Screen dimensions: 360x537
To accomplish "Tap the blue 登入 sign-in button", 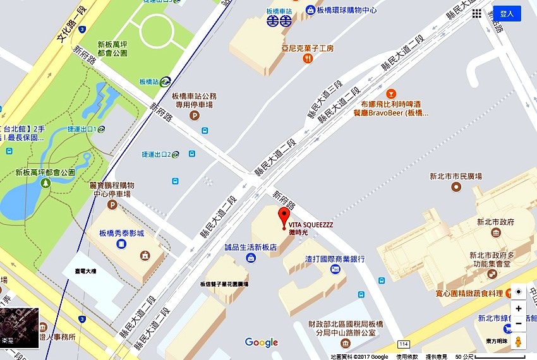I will click(507, 13).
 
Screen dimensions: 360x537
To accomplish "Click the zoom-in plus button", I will click(519, 308).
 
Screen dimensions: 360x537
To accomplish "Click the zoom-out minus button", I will click(519, 323).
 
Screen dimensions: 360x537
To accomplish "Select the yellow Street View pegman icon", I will click(519, 342).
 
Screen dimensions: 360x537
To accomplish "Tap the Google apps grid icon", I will click(477, 13).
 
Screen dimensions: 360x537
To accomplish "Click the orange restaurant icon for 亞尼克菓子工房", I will click(308, 59).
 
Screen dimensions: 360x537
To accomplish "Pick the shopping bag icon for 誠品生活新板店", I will click(251, 258).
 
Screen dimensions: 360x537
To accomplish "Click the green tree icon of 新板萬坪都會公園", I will click(45, 183).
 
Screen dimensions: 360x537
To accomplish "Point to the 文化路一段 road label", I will click(70, 23).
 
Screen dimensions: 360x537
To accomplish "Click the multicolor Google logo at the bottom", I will click(262, 342).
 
